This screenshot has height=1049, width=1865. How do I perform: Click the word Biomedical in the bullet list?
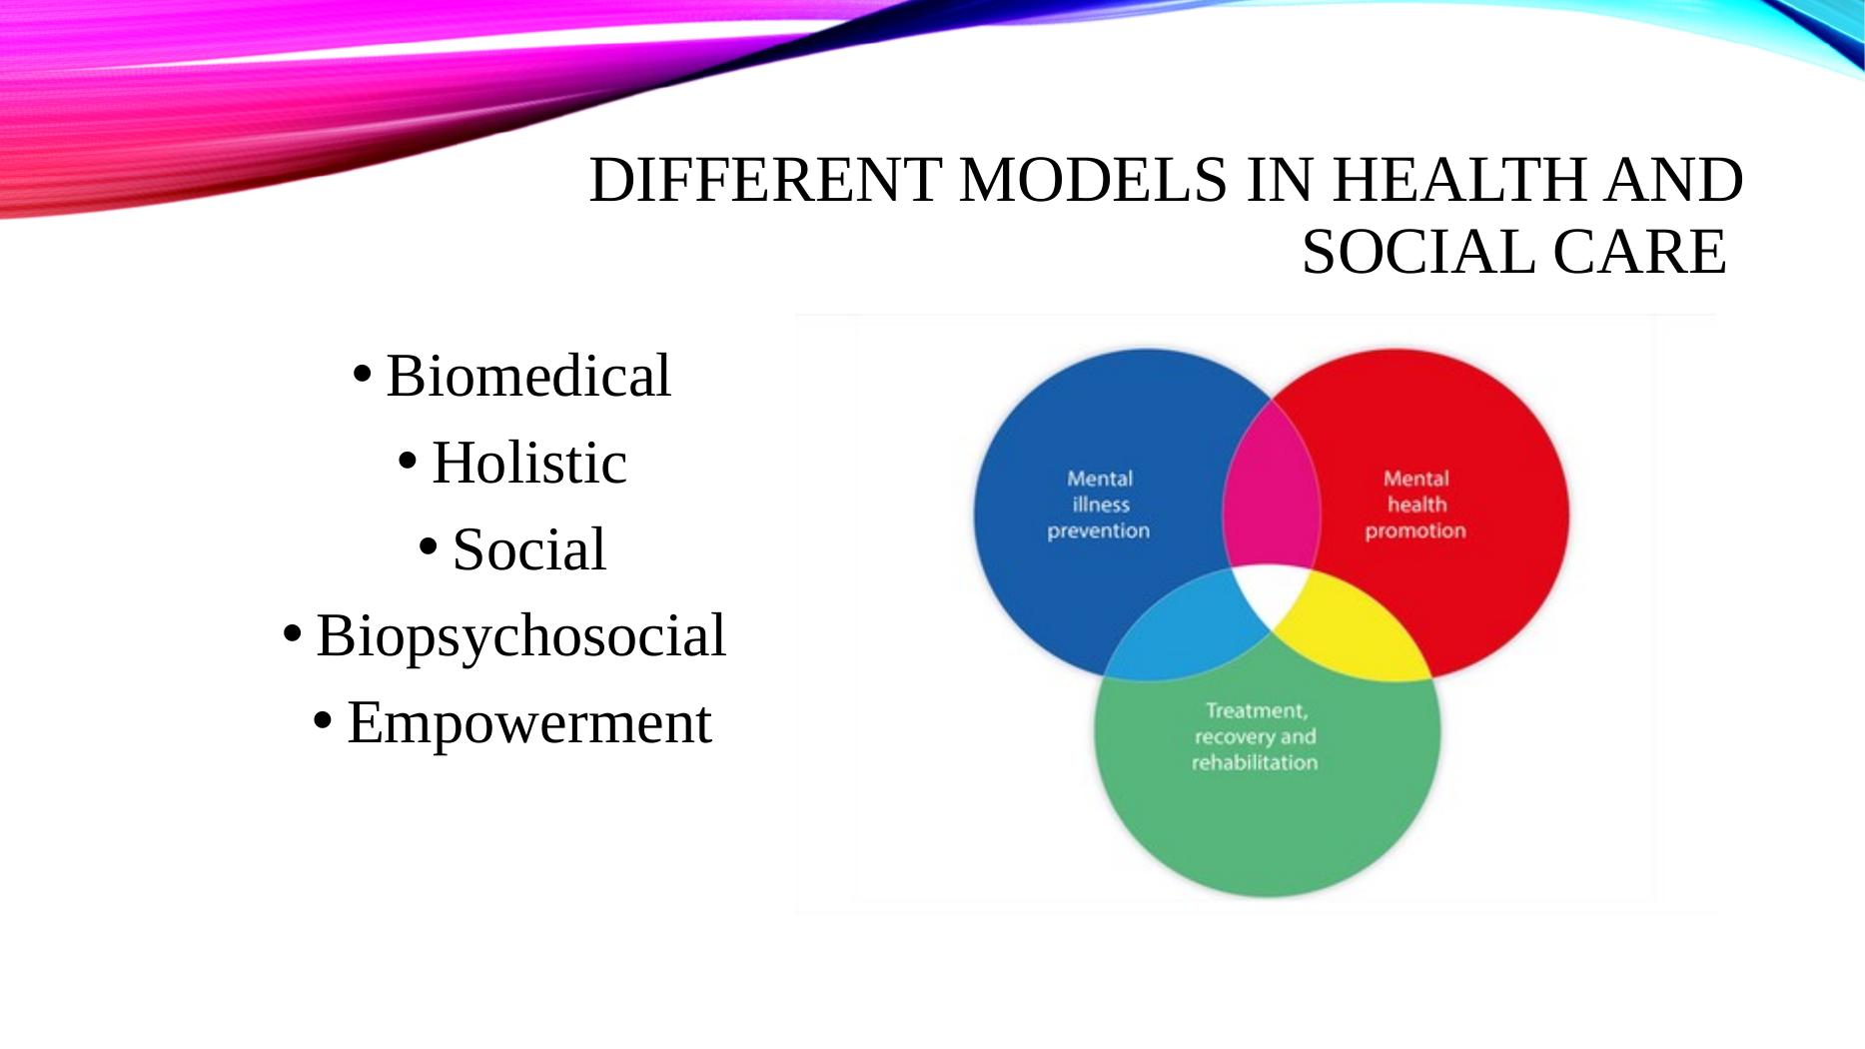click(x=528, y=376)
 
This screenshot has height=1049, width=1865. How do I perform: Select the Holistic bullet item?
click(x=529, y=463)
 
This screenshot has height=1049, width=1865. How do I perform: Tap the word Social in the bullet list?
click(x=529, y=549)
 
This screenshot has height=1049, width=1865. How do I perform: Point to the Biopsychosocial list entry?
click(x=520, y=637)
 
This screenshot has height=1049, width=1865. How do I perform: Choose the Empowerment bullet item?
click(x=529, y=724)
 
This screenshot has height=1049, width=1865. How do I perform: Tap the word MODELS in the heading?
click(x=1092, y=181)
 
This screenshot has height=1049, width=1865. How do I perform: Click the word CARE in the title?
click(x=1640, y=252)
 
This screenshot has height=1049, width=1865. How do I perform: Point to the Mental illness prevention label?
click(x=1099, y=505)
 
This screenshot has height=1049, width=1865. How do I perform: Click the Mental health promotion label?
click(x=1415, y=505)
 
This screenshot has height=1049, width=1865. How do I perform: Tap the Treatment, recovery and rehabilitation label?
click(x=1255, y=737)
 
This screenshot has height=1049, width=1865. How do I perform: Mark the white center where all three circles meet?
click(x=1271, y=593)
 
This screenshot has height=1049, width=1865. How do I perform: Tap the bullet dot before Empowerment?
click(x=322, y=720)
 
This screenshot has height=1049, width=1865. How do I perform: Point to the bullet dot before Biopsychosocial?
click(x=292, y=633)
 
